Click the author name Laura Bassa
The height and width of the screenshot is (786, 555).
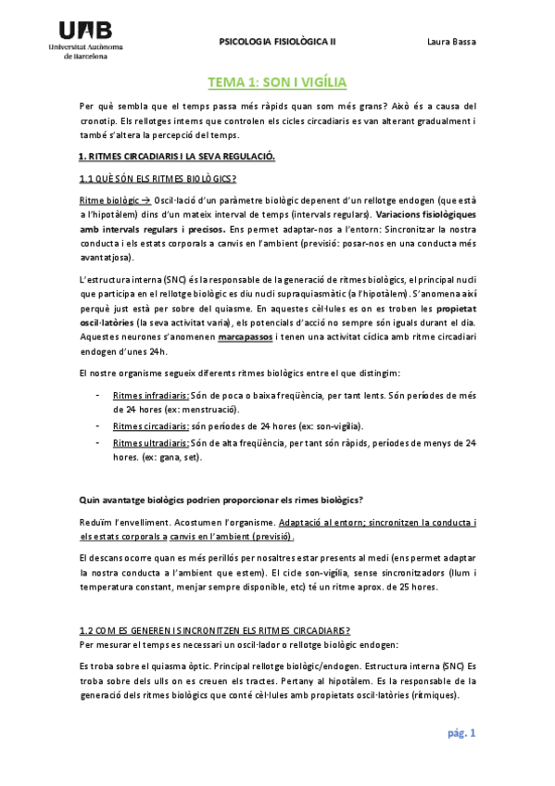(x=451, y=42)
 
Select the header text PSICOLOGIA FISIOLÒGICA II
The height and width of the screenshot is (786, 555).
(x=277, y=42)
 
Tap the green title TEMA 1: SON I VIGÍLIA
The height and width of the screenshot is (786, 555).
(x=277, y=82)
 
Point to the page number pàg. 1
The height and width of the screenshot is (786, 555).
(x=460, y=733)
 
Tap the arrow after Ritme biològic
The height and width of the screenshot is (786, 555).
(x=145, y=200)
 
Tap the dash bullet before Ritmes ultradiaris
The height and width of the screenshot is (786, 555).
(x=98, y=443)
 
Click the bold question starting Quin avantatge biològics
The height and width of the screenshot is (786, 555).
(x=221, y=500)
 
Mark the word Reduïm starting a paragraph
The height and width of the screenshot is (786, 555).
(x=98, y=523)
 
